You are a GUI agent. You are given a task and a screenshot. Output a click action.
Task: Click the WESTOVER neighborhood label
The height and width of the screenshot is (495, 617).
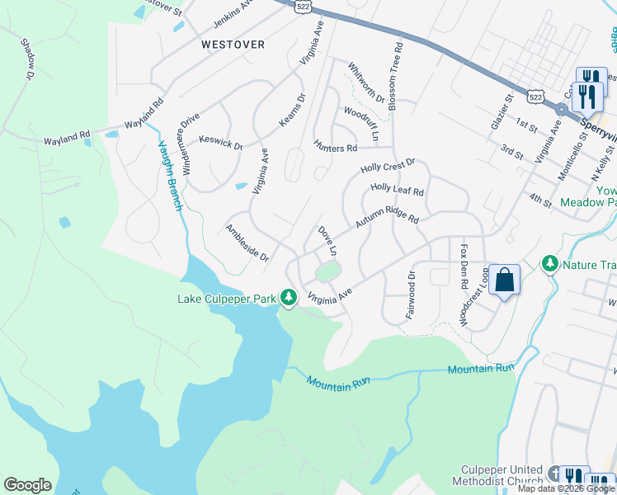pos(233,45)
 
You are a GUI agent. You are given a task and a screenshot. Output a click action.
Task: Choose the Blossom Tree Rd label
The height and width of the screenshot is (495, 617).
pos(398,66)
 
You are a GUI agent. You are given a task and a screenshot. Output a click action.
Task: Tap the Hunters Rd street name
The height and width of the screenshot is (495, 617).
pos(335,148)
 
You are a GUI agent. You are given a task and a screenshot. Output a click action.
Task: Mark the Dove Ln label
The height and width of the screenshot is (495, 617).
pos(327,240)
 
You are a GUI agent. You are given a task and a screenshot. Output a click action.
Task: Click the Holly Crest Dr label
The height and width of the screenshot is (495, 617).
pos(388,167)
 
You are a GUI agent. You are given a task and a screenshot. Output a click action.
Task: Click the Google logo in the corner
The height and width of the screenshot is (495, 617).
pos(27,485)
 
